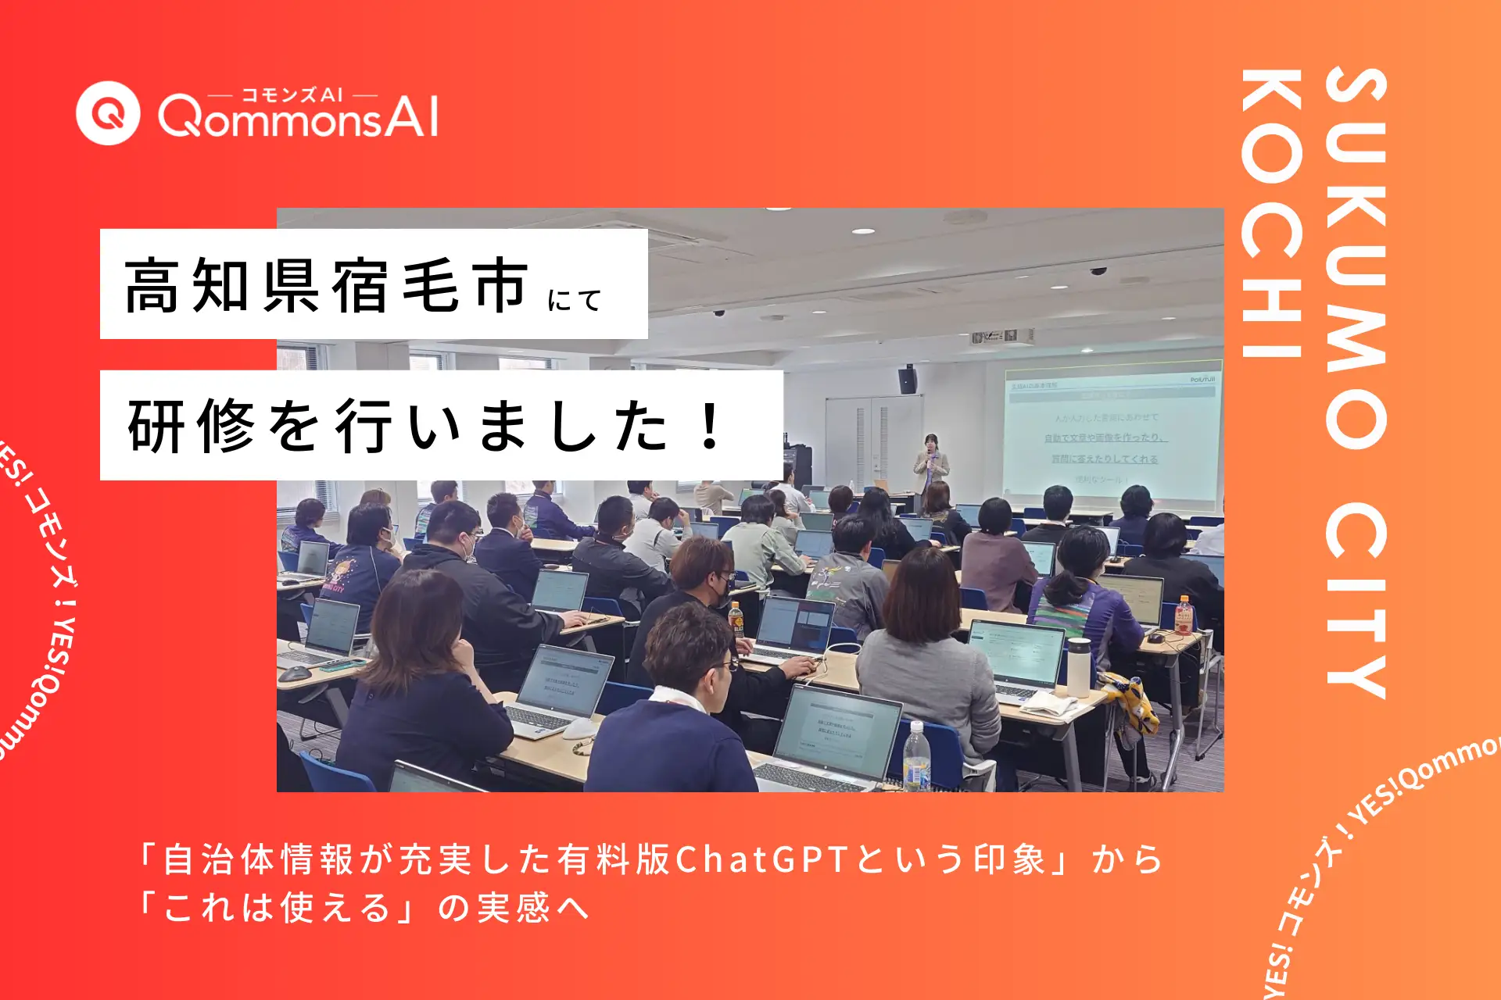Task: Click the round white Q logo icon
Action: click(x=108, y=113)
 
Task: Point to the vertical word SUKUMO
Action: click(x=1356, y=258)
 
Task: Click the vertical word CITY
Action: click(x=1356, y=598)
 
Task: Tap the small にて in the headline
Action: click(x=575, y=299)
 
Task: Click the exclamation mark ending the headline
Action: click(x=711, y=426)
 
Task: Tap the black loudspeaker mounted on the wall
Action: click(x=907, y=380)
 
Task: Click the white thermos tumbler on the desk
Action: click(x=1079, y=666)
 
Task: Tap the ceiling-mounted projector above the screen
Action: click(x=1003, y=336)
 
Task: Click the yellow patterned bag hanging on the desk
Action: click(x=1134, y=707)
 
